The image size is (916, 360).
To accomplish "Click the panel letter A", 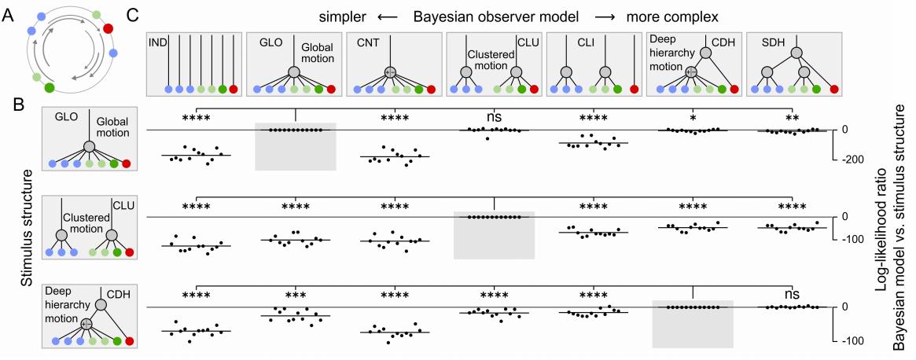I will pos(9,13).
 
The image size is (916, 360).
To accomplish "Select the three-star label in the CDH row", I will pos(295,296).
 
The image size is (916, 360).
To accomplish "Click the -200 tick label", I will pos(853,159).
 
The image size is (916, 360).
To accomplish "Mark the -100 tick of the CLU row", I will pos(853,239).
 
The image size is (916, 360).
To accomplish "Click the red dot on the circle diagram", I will pos(108,30).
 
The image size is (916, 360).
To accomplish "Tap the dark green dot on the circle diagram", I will pos(50,86).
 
